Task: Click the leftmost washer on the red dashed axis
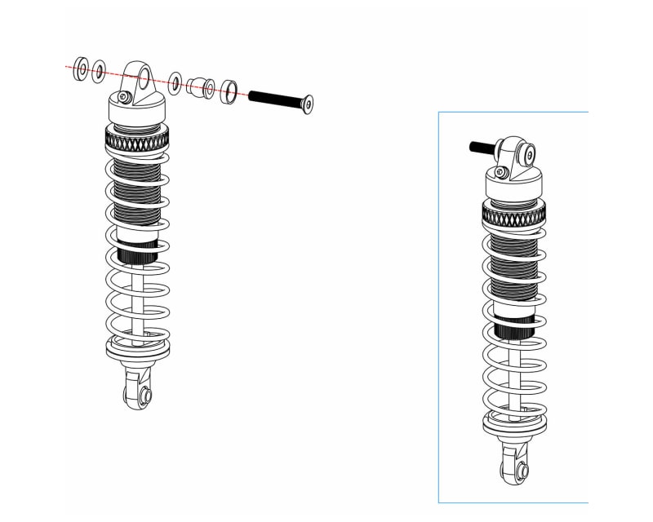[82, 69]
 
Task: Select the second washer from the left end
[99, 72]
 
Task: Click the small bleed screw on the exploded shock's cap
[123, 97]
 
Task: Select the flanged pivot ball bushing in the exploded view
[201, 86]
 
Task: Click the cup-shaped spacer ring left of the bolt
[229, 91]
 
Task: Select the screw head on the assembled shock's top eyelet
[529, 153]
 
